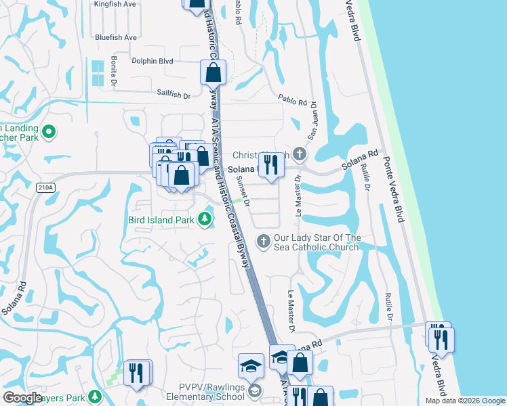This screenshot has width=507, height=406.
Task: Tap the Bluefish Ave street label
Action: pos(117,37)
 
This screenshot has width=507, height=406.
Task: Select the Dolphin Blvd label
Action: pos(153,61)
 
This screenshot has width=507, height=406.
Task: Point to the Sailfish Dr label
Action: pos(174,95)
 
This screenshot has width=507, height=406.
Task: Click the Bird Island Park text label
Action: pos(161,219)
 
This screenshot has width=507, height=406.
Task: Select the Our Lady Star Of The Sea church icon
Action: pos(264,240)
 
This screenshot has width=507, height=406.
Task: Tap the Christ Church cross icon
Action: pos(300,155)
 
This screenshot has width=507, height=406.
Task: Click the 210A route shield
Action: pos(47,187)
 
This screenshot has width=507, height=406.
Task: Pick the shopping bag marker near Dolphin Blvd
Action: pos(213,72)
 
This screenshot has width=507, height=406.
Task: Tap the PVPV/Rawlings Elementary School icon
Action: pos(254,390)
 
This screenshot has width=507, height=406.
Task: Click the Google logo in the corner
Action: pos(22,398)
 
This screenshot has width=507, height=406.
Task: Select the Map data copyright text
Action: pos(464,401)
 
